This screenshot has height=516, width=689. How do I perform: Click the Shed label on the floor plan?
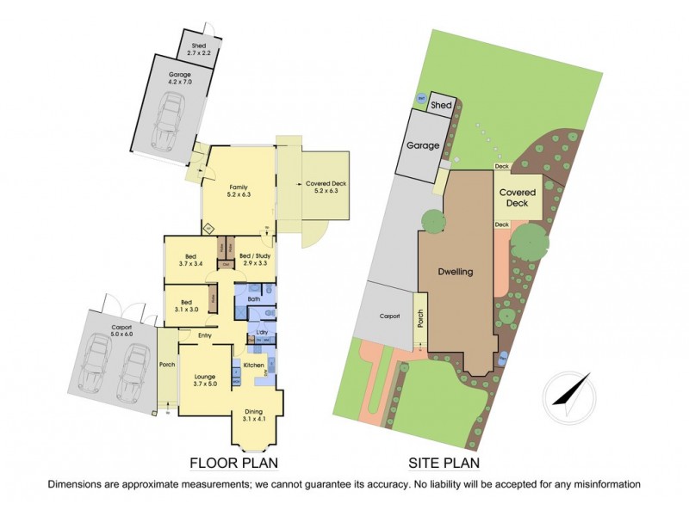199,49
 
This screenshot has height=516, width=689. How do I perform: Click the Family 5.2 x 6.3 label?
238,191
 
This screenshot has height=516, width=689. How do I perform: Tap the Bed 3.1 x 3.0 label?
188,306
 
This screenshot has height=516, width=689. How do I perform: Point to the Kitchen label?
253,366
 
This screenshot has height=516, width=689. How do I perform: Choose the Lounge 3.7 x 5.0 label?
204,379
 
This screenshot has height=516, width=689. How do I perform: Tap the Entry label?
205,335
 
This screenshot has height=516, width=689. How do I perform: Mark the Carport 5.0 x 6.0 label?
121,331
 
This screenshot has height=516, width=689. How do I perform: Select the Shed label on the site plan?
441,105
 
